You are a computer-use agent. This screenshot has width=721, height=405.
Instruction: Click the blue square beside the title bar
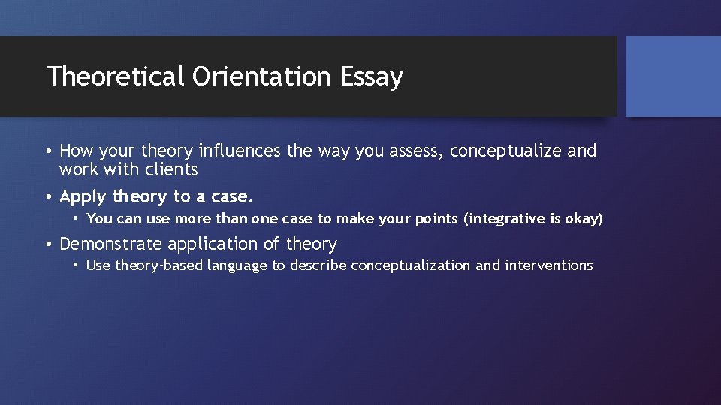pos(673,76)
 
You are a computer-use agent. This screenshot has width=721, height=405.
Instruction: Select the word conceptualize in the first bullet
pos(505,151)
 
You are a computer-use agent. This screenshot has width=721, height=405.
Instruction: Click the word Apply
pos(83,197)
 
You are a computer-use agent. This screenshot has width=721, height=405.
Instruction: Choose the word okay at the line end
pos(585,219)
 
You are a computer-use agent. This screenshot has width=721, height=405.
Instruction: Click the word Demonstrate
pos(111,244)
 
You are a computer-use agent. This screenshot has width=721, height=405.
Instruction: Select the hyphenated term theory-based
pos(158,265)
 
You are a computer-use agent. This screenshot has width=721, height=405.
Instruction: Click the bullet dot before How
pos(49,151)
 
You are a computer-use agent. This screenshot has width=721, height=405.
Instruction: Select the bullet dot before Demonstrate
pos(49,244)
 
